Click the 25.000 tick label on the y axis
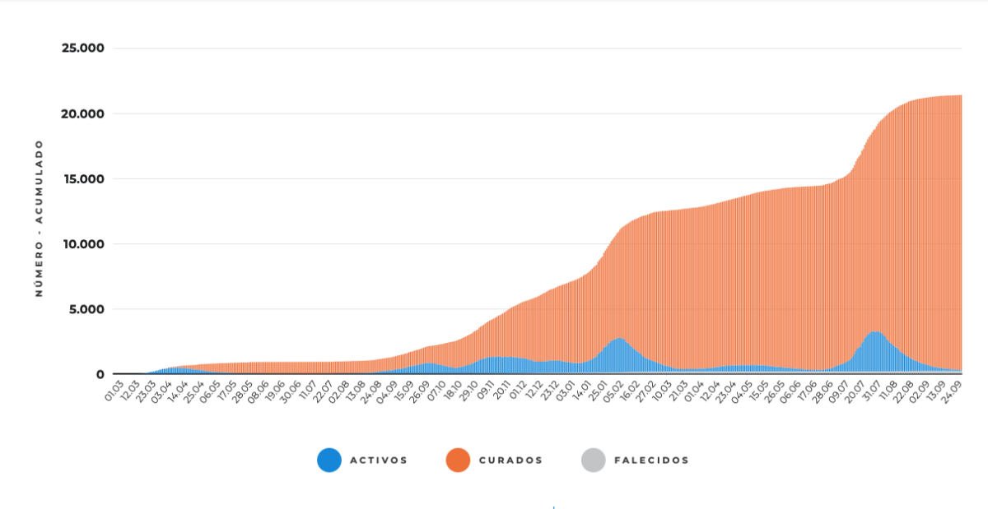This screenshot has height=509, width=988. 83,48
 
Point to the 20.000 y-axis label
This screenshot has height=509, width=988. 83,113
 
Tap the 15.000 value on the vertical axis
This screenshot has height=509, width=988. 84,179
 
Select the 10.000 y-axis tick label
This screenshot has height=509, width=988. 84,244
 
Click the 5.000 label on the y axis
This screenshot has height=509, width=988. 87,309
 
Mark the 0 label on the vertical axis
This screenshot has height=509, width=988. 100,375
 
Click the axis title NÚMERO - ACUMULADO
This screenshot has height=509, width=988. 40,219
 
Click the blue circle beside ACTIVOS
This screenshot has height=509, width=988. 329,460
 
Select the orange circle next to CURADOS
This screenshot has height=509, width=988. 459,460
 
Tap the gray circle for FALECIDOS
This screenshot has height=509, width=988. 594,460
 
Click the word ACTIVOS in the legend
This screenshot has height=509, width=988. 379,460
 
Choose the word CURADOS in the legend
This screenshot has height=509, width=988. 510,460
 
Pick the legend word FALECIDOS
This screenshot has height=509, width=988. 651,460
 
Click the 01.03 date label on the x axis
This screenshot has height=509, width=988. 114,391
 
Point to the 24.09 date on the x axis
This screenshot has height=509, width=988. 952,391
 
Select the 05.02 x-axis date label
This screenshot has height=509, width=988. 613,391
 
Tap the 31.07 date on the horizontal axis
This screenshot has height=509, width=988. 873,391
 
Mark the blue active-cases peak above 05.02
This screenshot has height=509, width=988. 620,339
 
